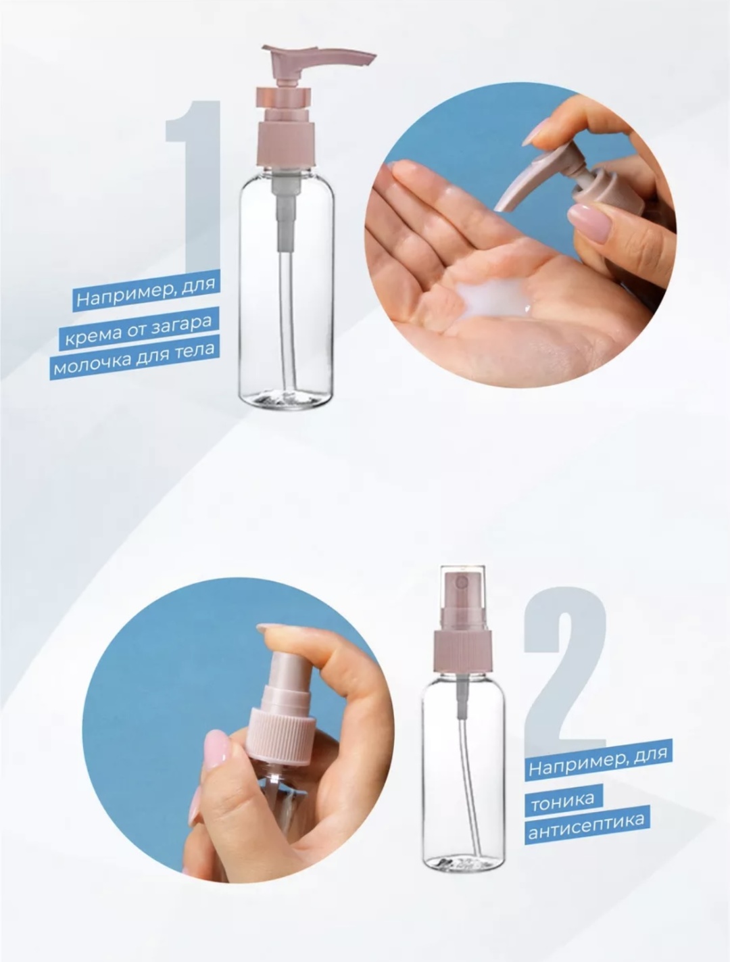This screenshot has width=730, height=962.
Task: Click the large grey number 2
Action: pyautogui.click(x=565, y=666)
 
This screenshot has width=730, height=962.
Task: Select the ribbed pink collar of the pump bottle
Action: pyautogui.click(x=287, y=143)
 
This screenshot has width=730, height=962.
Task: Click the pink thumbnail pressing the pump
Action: pyautogui.click(x=591, y=219)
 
